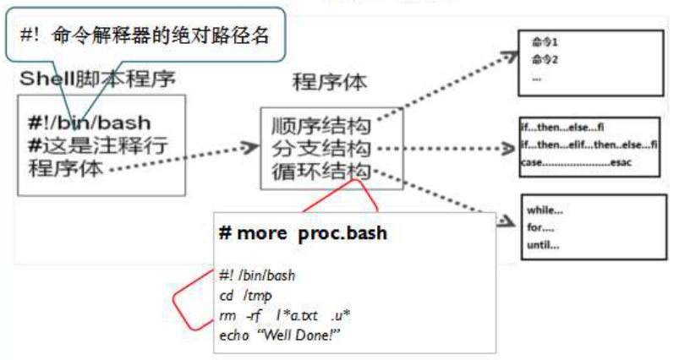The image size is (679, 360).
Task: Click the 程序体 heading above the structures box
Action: click(329, 83)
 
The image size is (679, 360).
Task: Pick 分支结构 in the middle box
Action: click(321, 149)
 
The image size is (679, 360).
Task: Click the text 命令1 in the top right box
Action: click(545, 41)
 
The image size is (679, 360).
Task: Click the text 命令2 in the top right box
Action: click(545, 59)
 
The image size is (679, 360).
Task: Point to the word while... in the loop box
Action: click(545, 210)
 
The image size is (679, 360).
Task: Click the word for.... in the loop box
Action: click(541, 227)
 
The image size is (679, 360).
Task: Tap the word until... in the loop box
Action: click(544, 245)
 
